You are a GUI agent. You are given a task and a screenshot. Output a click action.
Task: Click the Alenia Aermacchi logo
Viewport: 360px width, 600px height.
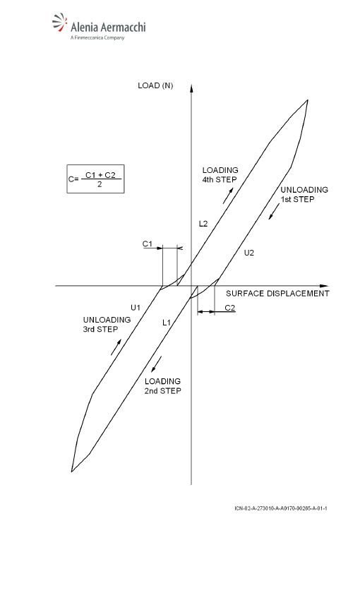pos(99,27)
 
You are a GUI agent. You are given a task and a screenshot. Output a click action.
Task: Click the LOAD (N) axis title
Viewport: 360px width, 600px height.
pos(155,85)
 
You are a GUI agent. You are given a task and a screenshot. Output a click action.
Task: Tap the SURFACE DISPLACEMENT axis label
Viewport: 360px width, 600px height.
pos(277,294)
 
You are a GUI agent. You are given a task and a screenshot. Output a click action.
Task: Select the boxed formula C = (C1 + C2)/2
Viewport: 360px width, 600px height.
pos(95,179)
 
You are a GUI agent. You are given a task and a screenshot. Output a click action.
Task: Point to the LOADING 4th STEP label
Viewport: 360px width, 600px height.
pos(220,175)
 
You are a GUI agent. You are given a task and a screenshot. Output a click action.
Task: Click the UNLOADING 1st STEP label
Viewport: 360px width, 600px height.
pos(304,194)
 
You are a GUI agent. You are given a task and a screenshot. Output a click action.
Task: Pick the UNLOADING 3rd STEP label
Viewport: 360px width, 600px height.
pos(107,325)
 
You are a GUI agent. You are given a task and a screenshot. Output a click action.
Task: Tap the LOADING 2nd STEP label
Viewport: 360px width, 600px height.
pos(162,386)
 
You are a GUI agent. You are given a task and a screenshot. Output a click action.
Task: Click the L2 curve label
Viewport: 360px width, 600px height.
pos(203,224)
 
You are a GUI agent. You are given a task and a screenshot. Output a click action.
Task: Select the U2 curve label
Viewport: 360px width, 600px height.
pos(249,253)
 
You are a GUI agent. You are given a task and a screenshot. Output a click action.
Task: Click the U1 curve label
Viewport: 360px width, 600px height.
pos(136,307)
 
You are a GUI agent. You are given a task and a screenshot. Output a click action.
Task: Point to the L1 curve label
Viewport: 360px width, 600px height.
pos(167,323)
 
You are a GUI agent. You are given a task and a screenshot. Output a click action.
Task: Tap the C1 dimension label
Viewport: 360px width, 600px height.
pos(148,244)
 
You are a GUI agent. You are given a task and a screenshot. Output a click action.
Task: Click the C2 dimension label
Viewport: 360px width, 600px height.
pos(230,308)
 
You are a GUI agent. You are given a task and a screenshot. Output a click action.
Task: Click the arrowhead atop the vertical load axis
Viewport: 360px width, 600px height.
pos(191,89)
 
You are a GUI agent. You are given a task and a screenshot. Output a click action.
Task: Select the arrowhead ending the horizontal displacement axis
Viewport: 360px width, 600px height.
pos(324,286)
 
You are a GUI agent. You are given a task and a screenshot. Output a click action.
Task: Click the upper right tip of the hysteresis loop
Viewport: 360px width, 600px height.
pos(308,100)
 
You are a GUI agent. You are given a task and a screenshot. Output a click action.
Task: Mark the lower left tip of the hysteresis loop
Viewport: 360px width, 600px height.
pos(71,472)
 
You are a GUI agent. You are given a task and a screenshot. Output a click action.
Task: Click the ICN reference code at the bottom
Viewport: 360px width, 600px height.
pos(281,508)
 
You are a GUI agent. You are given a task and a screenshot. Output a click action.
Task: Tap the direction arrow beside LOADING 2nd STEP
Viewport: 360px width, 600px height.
pos(157,364)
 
